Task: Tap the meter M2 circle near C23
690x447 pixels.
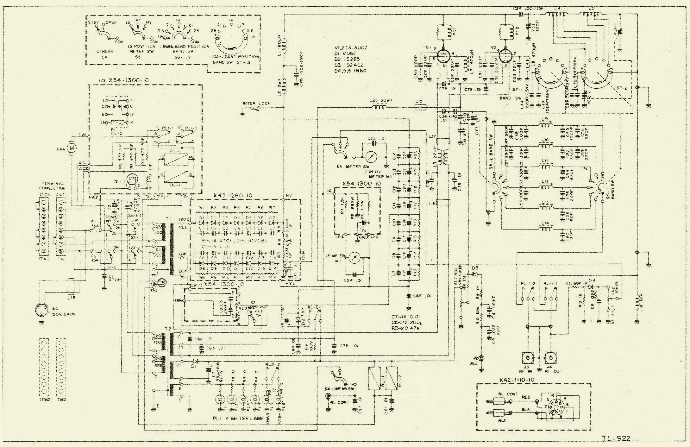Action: [369, 157]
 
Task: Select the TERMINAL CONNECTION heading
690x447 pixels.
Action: [53, 185]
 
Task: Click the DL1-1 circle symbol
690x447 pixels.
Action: [131, 179]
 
